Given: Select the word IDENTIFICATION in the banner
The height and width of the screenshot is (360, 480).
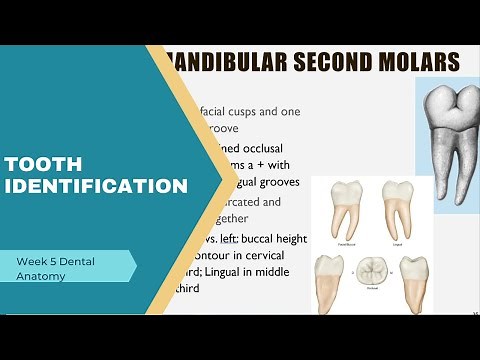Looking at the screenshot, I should (96, 186).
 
